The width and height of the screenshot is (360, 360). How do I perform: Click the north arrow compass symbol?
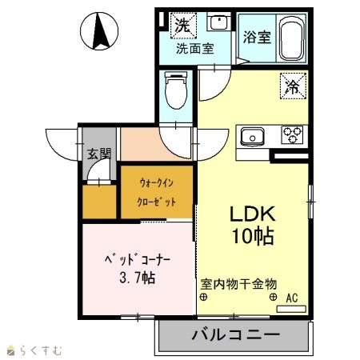pyautogui.click(x=99, y=31)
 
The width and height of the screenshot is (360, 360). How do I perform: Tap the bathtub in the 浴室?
pyautogui.click(x=292, y=38)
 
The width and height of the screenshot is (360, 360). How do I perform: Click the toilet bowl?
pyautogui.click(x=176, y=90)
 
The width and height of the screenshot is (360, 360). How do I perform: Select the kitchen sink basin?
pyautogui.click(x=252, y=137)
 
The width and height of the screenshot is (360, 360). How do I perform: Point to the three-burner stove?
pyautogui.click(x=292, y=134)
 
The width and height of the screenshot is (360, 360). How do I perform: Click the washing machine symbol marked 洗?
pyautogui.click(x=183, y=26)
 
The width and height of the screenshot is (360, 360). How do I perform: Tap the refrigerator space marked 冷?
pyautogui.click(x=293, y=86)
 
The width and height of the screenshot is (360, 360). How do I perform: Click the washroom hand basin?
pyautogui.click(x=219, y=22)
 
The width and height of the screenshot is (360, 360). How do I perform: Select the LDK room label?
pyautogui.click(x=253, y=214)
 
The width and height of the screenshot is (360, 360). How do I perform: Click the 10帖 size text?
pyautogui.click(x=253, y=236)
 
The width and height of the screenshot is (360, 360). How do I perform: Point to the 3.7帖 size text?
pyautogui.click(x=138, y=278)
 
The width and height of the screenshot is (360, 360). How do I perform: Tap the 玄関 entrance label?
pyautogui.click(x=99, y=154)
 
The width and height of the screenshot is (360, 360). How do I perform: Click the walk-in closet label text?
pyautogui.click(x=157, y=193)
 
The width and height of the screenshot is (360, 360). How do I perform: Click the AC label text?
pyautogui.click(x=292, y=298)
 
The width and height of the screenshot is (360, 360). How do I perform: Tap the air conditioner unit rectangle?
pyautogui.click(x=291, y=309)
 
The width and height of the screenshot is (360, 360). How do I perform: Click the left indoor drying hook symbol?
pyautogui.click(x=203, y=297)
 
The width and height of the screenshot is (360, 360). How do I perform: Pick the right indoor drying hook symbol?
pyautogui.click(x=273, y=297)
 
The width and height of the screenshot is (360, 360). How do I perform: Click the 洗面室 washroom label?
pyautogui.click(x=195, y=49)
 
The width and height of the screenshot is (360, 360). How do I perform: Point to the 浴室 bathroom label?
pyautogui.click(x=257, y=37)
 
